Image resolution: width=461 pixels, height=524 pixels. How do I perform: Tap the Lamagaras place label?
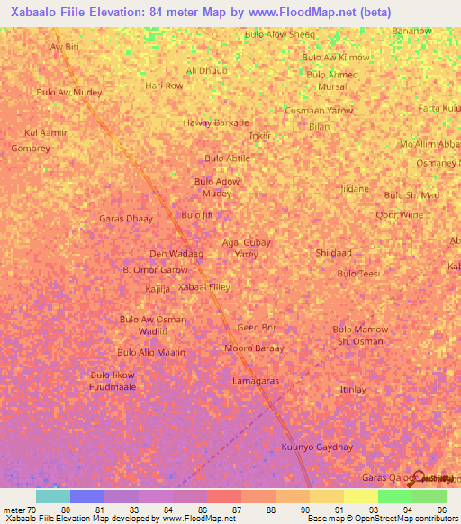tap(255, 381)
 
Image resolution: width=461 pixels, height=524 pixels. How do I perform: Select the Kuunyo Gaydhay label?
tap(316, 447)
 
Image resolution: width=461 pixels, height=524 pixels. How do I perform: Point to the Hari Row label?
tap(164, 86)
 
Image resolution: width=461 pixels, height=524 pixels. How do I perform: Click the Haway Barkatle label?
tap(216, 122)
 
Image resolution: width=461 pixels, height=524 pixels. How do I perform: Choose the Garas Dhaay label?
tap(126, 219)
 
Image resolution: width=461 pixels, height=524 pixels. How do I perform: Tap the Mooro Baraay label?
tap(254, 348)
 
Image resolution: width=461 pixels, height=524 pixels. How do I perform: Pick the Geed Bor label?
tap(256, 327)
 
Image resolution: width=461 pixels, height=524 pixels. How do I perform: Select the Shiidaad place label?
tap(333, 253)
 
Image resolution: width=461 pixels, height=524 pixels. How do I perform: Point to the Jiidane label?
tap(354, 188)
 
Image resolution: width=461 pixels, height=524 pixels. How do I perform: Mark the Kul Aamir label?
tap(46, 132)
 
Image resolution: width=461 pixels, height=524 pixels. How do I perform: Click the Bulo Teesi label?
tap(358, 273)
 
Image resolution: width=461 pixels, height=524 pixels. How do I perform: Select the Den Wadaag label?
tap(176, 254)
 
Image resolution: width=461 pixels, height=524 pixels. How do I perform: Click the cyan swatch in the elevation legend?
tap(52, 496)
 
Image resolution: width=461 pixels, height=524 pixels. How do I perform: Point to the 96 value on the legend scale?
tap(440, 510)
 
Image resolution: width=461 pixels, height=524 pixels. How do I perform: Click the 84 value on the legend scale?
tap(167, 510)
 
